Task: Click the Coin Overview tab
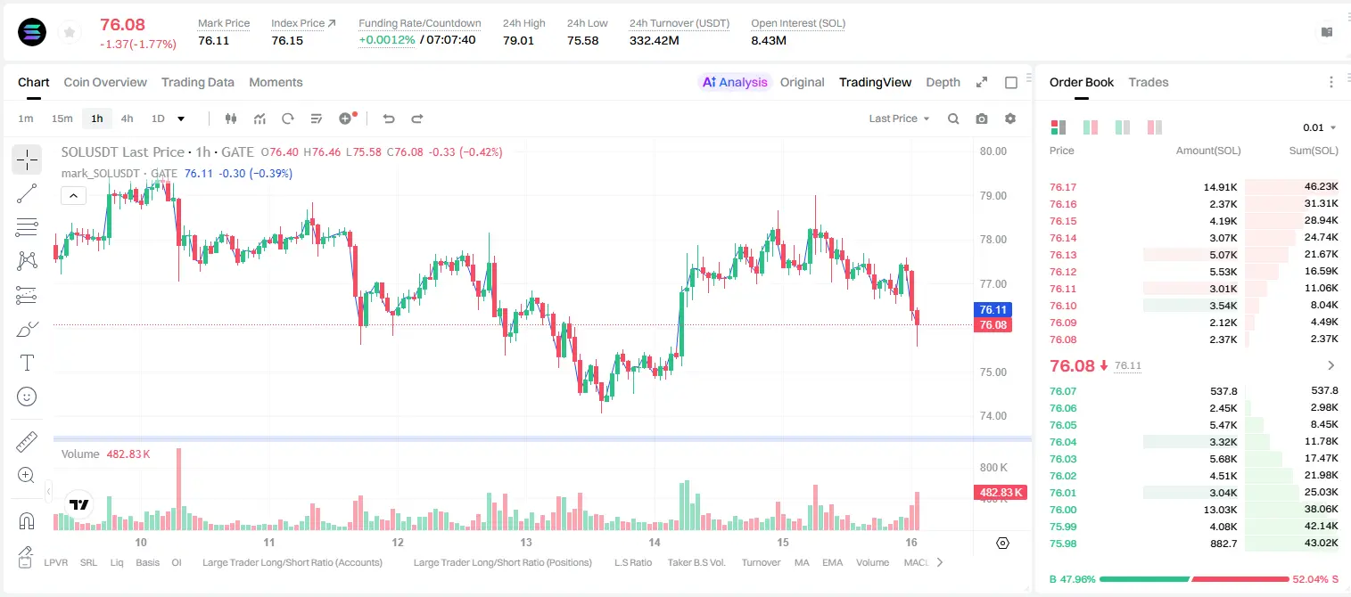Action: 105,82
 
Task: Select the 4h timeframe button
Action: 127,119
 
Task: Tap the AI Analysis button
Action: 735,82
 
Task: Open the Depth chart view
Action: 943,82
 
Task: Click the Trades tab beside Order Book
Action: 1149,82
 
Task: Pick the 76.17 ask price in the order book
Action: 1063,187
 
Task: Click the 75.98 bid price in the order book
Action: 1063,544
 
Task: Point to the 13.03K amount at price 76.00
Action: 1220,510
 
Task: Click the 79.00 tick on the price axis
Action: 993,196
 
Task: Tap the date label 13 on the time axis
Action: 526,542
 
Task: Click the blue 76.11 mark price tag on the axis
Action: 993,310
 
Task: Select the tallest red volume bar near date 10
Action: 178,489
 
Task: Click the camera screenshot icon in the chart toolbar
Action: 982,119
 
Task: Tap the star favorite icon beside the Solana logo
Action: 70,32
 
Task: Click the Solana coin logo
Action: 32,32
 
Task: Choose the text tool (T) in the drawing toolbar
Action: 27,363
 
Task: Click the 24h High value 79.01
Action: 518,40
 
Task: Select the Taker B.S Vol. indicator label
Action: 696,562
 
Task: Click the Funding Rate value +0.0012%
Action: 387,40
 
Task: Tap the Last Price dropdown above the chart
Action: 899,119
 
